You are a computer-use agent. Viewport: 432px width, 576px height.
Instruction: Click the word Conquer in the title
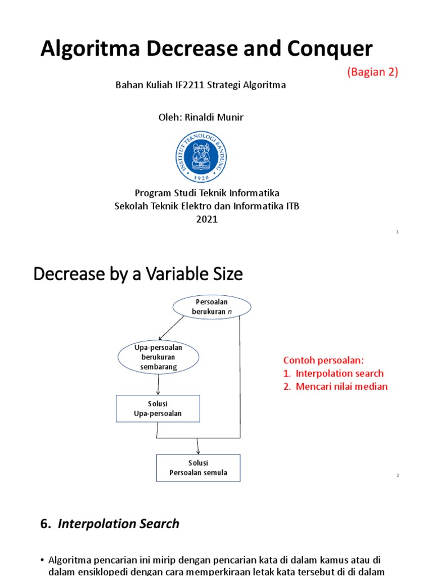[331, 49]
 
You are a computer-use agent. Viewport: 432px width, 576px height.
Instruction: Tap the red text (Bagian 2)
[372, 72]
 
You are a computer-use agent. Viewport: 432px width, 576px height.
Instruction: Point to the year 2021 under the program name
[206, 219]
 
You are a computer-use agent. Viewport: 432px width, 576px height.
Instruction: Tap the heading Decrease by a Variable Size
[138, 274]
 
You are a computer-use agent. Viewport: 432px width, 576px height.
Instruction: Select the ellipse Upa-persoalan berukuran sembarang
[158, 357]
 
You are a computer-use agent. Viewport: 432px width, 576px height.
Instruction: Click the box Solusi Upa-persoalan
[157, 408]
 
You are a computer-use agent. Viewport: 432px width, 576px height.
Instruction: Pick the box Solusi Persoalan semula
[198, 468]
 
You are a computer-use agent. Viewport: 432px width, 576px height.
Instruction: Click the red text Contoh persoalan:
[323, 360]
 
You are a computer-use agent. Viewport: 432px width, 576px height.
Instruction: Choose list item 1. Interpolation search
[334, 373]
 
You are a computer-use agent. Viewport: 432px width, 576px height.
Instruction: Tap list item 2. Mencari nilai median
[335, 386]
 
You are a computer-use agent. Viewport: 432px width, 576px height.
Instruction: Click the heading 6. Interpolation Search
[110, 524]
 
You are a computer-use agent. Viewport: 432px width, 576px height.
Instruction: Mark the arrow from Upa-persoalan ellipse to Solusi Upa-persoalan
[158, 386]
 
